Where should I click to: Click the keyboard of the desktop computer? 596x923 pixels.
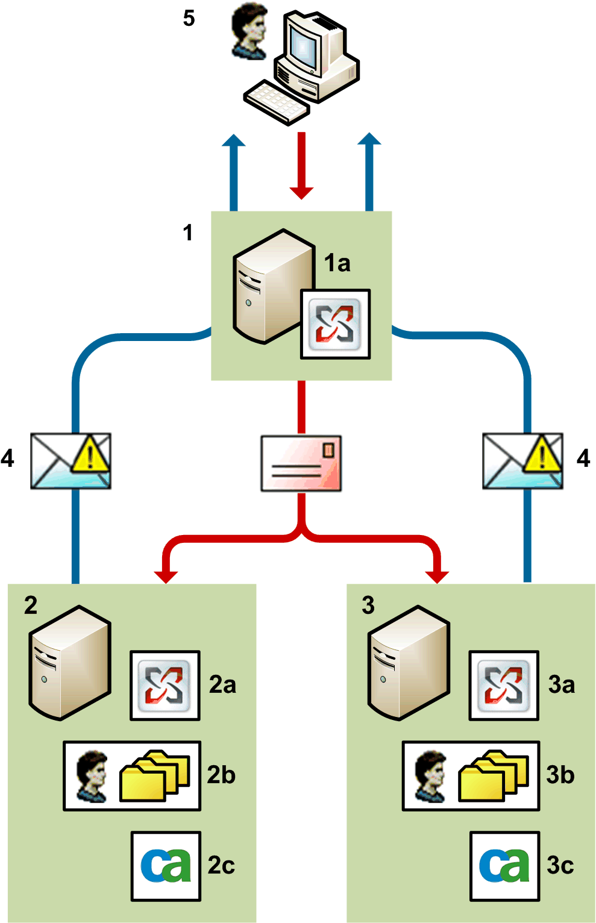tap(277, 103)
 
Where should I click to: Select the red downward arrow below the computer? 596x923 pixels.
tap(301, 166)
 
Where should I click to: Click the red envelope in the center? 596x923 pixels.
tap(301, 463)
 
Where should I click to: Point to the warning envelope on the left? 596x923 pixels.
tap(71, 461)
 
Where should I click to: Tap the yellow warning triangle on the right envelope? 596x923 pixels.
tap(542, 455)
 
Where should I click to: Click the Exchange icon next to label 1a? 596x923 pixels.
tap(335, 324)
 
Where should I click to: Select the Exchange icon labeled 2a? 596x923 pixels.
tap(165, 685)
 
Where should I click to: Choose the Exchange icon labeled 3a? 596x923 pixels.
tap(503, 685)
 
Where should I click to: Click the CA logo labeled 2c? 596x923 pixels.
tap(166, 866)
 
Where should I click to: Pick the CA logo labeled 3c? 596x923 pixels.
tap(504, 866)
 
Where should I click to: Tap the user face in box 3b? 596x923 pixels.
tap(431, 776)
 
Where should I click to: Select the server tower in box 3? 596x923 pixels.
tap(409, 663)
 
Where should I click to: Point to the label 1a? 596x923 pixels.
tap(337, 263)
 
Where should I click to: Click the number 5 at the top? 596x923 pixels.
tap(189, 19)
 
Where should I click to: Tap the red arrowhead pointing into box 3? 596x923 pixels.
tap(437, 575)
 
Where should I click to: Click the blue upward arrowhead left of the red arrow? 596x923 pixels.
tap(233, 142)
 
